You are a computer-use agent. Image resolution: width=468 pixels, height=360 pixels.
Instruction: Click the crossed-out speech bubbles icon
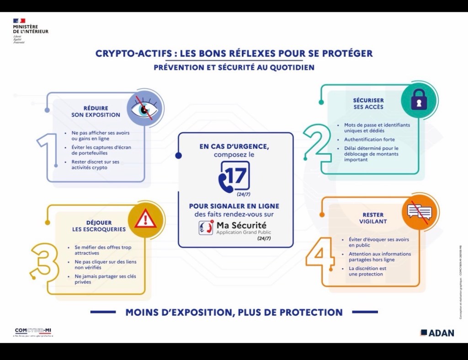pos(419,212)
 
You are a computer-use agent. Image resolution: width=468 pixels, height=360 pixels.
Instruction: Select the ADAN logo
pos(437,333)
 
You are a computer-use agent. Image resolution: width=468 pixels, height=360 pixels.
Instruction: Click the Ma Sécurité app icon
pos(206,228)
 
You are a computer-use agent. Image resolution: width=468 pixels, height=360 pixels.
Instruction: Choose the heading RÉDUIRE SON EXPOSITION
pos(96,111)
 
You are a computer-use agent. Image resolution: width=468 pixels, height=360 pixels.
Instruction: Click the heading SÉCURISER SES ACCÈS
pos(368,103)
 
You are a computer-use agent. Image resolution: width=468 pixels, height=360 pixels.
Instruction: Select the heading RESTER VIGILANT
pos(373,218)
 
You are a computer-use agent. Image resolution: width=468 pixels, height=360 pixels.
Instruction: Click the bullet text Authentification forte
pos(369,139)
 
